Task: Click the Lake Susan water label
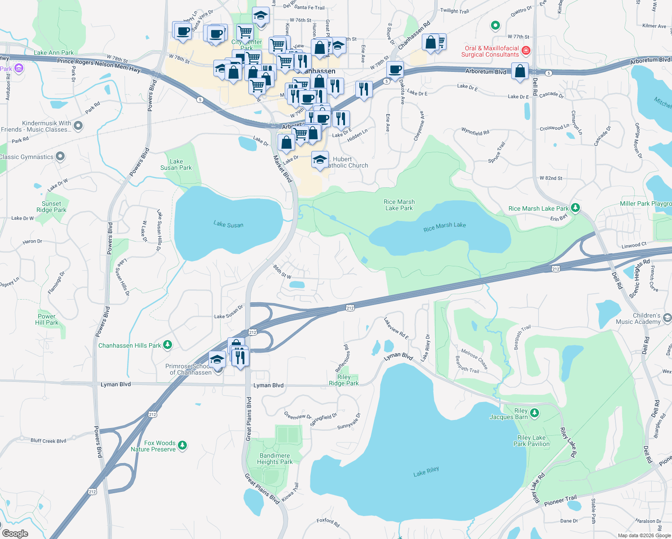[x=228, y=224]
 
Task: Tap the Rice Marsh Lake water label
[x=444, y=227]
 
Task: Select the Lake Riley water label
[x=426, y=472]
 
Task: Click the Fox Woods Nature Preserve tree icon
[x=182, y=446]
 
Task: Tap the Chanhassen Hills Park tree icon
[x=168, y=345]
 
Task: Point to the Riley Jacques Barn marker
[x=534, y=413]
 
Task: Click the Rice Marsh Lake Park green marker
[x=575, y=208]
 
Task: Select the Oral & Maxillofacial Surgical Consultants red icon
[x=526, y=51]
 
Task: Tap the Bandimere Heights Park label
[x=274, y=459]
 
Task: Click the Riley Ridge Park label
[x=344, y=380]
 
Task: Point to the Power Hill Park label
[x=47, y=319]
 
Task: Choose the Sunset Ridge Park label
[x=51, y=207]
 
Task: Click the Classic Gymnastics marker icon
[x=60, y=156]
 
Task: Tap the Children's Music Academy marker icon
[x=667, y=318]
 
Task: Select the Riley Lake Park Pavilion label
[x=531, y=441]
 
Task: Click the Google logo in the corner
[x=15, y=533]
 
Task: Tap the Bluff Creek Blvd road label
[x=48, y=441]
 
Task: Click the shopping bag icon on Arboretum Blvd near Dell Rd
[x=520, y=71]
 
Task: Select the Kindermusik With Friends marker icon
[x=78, y=126]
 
